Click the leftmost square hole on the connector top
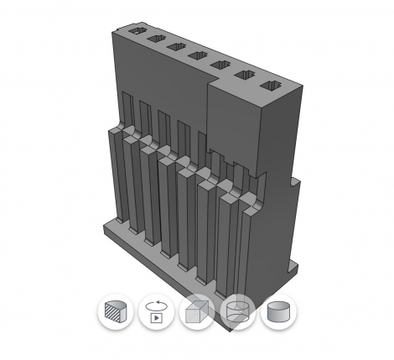[x=135, y=33]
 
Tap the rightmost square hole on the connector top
[x=271, y=86]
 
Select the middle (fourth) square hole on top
[x=198, y=56]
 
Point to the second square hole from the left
[x=156, y=40]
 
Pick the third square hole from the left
[x=176, y=48]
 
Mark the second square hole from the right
[x=246, y=76]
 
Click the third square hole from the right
[x=221, y=65]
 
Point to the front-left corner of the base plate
[x=104, y=227]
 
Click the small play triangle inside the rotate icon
[x=156, y=319]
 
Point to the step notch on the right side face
[x=293, y=178]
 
